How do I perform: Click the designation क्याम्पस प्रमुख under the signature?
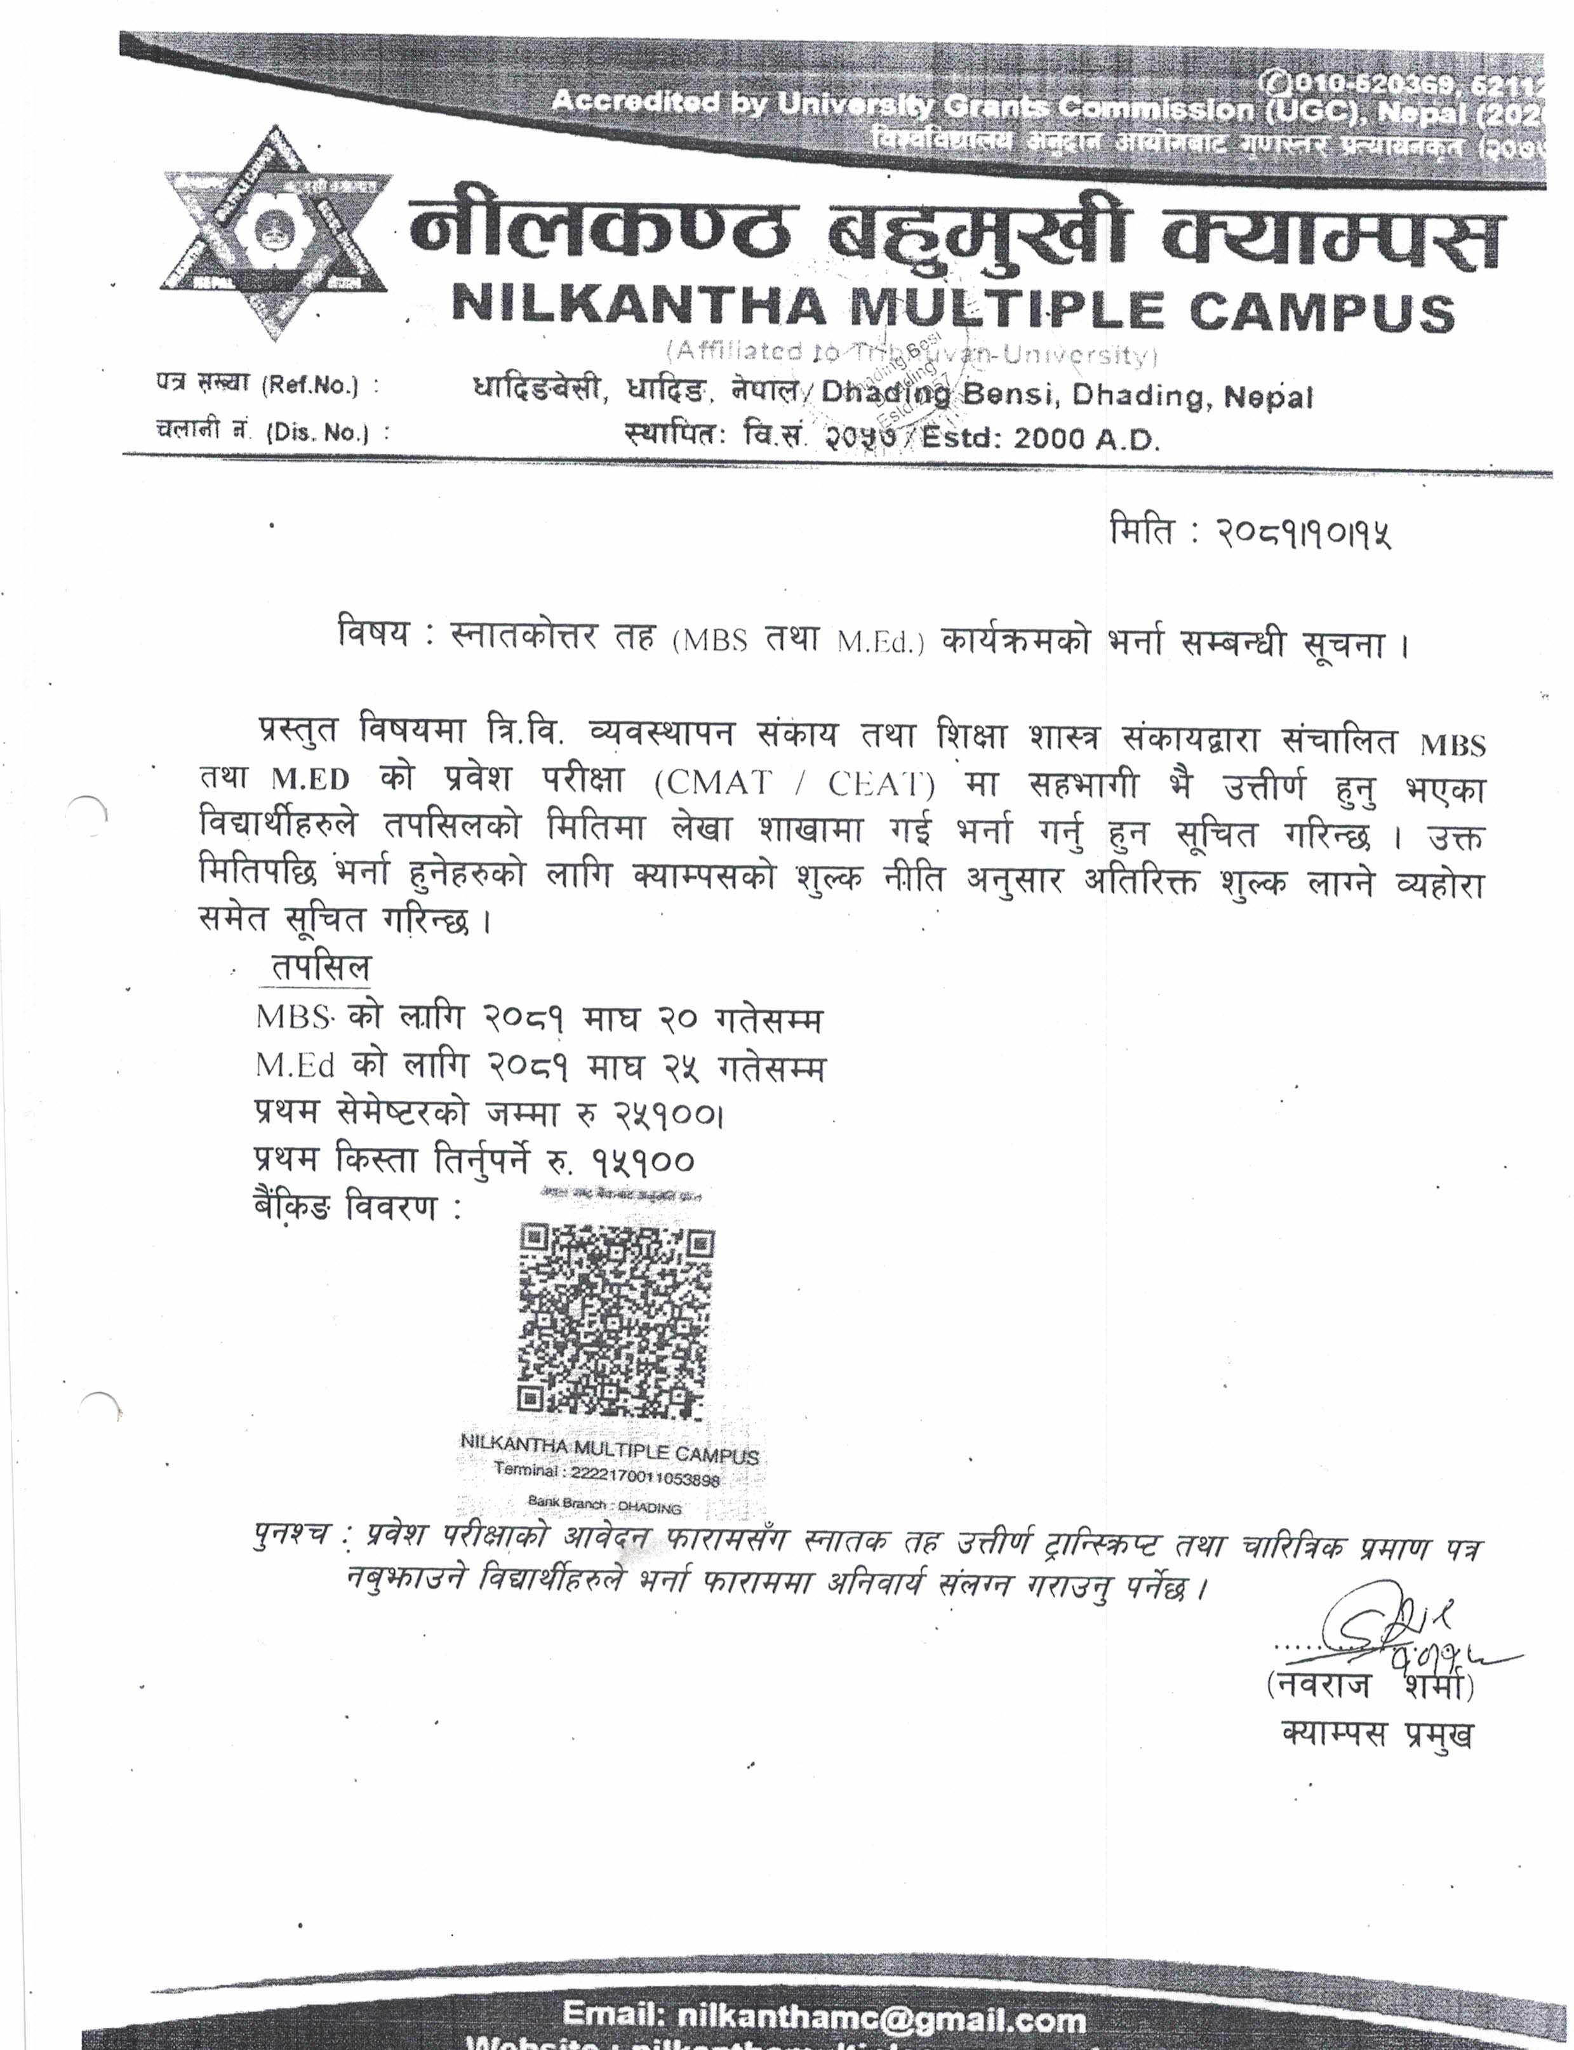point(1377,1735)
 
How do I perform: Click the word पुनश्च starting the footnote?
point(291,1534)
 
